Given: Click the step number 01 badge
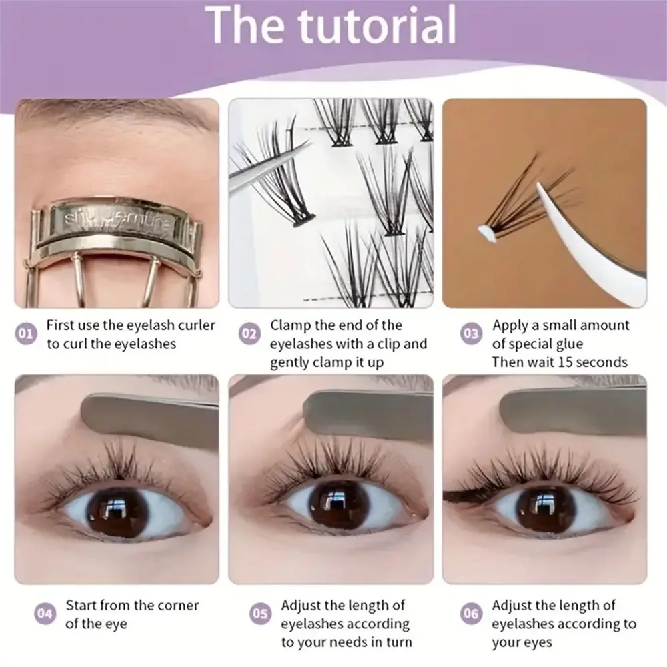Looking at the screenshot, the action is pyautogui.click(x=26, y=333).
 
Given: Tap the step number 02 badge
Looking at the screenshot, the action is pyautogui.click(x=249, y=333).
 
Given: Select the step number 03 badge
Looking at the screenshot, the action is pyautogui.click(x=471, y=333).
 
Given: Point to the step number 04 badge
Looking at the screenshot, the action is pyautogui.click(x=45, y=614).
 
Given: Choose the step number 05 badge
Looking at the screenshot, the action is pyautogui.click(x=260, y=614).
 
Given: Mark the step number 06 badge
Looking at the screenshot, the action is pyautogui.click(x=471, y=614).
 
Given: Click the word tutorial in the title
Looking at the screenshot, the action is pyautogui.click(x=377, y=25).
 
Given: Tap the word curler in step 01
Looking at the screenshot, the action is pyautogui.click(x=197, y=325).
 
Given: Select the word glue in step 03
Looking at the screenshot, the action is pyautogui.click(x=570, y=344).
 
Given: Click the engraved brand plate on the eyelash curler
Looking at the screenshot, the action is pyautogui.click(x=115, y=221).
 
